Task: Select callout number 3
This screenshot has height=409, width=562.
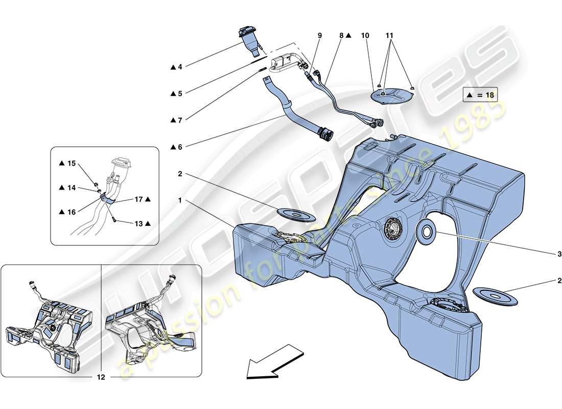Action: pyautogui.click(x=559, y=254)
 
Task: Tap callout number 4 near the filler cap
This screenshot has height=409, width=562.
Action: pyautogui.click(x=179, y=67)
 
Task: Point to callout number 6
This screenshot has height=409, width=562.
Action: pyautogui.click(x=179, y=147)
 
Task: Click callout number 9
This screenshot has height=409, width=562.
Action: pyautogui.click(x=320, y=36)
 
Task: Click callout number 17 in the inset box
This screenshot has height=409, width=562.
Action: pyautogui.click(x=140, y=199)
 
